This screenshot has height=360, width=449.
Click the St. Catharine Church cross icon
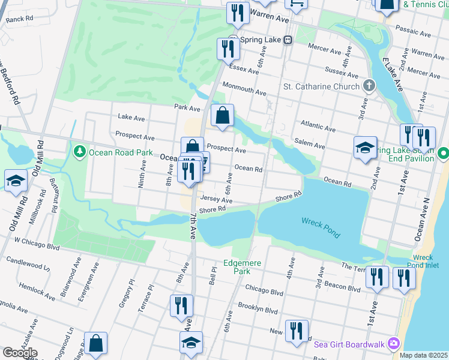(369, 86)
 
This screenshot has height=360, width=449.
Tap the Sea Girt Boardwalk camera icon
(394, 343)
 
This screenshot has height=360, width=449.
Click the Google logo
(20, 353)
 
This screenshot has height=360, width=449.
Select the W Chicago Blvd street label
(37, 244)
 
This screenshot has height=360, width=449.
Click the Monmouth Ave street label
(244, 89)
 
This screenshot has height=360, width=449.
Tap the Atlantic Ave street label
(319, 124)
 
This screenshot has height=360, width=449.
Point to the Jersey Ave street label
(216, 199)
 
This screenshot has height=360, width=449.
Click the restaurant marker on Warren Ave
(238, 13)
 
